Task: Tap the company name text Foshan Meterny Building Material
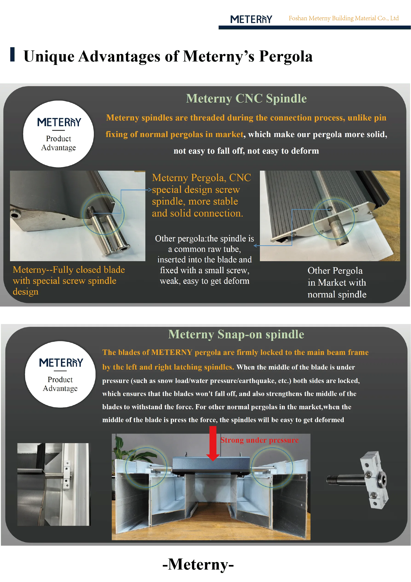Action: pos(343,18)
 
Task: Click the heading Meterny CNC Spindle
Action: pos(246,98)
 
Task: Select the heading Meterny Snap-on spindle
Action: pos(236,334)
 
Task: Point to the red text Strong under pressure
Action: pos(259,440)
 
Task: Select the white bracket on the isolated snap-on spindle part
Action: pos(374,480)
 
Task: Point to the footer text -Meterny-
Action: pos(198,565)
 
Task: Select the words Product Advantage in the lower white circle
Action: pos(60,384)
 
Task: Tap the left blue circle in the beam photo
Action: pos(146,467)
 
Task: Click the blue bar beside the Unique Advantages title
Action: pos(12,54)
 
